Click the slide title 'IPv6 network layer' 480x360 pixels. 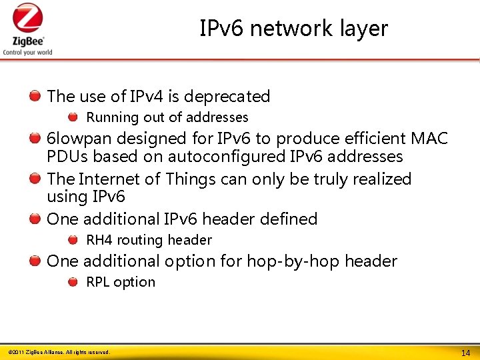coord(293,29)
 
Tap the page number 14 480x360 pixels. coord(466,352)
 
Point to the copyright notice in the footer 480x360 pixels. coord(59,352)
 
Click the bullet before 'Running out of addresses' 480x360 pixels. coord(73,117)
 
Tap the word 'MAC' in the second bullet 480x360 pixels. coord(429,139)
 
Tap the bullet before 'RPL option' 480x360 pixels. coord(73,281)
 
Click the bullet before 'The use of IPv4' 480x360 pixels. coord(34,97)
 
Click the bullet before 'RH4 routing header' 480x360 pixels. coord(73,239)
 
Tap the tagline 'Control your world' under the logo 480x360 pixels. coord(27,52)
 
